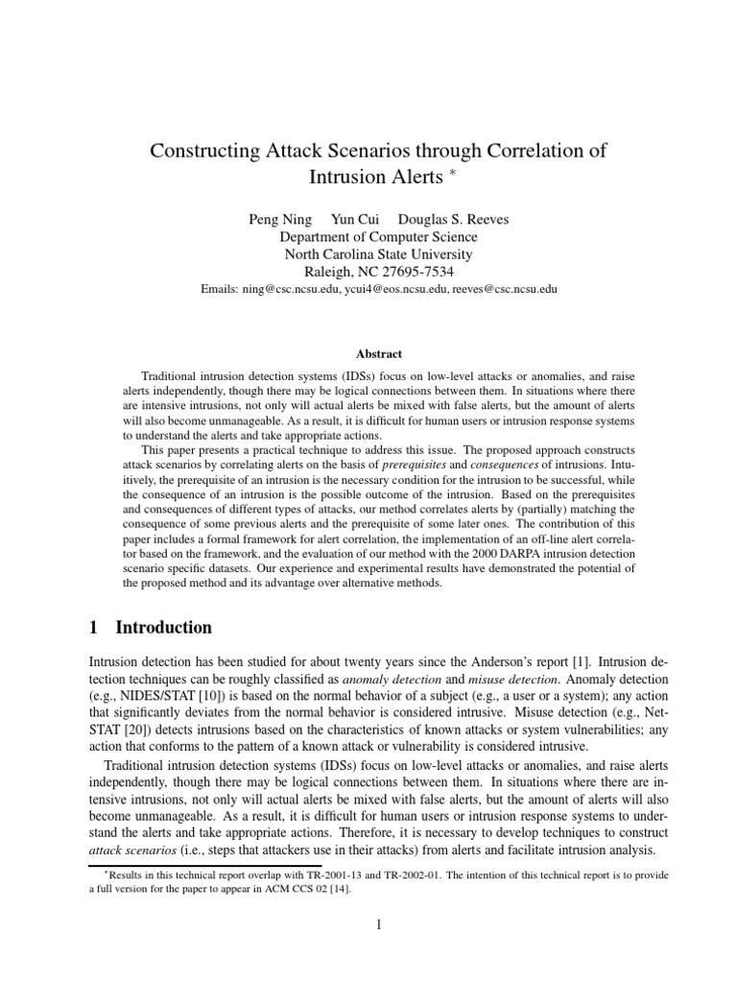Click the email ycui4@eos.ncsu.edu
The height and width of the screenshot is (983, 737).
click(391, 288)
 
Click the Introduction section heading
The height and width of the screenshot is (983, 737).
click(163, 628)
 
